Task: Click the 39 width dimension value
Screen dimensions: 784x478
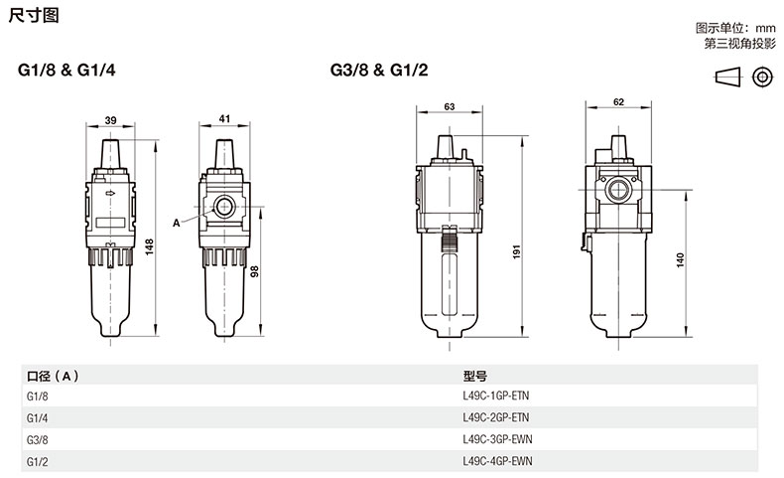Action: click(x=110, y=120)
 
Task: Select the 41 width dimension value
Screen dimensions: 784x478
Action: click(x=224, y=118)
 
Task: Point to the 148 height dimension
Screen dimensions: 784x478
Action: click(x=150, y=247)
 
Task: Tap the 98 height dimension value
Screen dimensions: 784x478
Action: click(x=254, y=271)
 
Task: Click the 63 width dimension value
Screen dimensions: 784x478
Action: click(x=450, y=106)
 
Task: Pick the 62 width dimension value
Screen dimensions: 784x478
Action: click(x=618, y=102)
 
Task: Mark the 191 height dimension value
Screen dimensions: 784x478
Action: click(x=516, y=251)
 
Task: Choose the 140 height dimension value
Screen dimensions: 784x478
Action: click(x=680, y=260)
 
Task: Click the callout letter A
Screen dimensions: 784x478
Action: click(x=176, y=224)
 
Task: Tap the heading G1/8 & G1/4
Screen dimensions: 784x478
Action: click(x=66, y=71)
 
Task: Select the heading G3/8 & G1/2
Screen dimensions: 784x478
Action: click(x=379, y=71)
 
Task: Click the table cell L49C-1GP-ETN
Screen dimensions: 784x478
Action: click(x=495, y=396)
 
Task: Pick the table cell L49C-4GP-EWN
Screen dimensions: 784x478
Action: click(x=497, y=461)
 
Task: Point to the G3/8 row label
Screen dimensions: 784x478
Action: click(x=38, y=440)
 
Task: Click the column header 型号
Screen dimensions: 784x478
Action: click(x=474, y=376)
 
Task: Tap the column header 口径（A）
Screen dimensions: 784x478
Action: click(x=53, y=376)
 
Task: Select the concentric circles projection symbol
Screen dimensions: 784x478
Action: click(x=762, y=78)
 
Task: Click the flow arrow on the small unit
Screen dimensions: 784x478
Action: click(x=110, y=193)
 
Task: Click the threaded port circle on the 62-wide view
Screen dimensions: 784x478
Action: click(x=618, y=190)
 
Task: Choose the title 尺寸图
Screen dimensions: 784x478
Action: click(x=34, y=15)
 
